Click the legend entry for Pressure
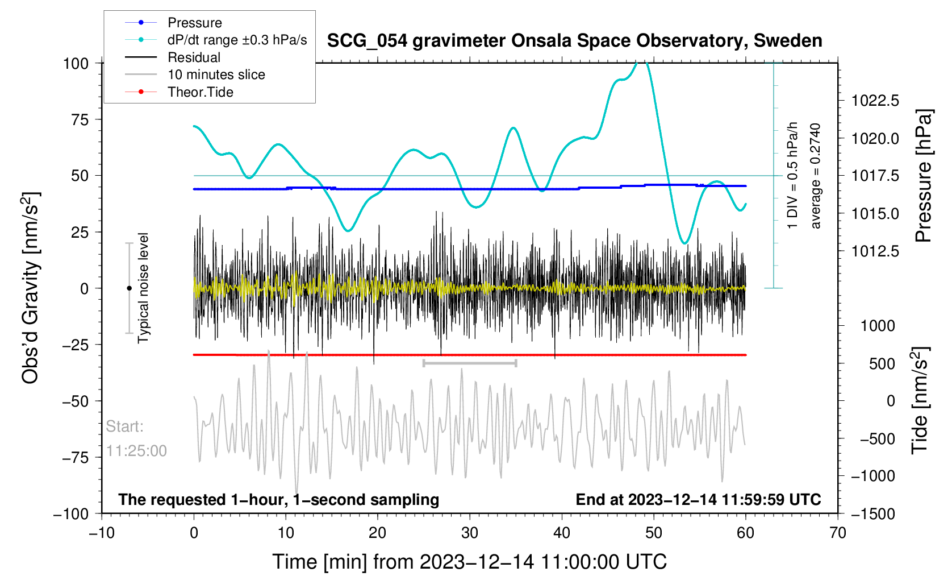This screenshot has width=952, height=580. pos(194,23)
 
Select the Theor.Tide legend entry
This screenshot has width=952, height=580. pos(200,92)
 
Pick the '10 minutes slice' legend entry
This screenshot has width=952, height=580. pos(216,74)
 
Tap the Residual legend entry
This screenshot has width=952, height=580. pos(194,57)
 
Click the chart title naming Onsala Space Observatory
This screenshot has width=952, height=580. pos(574,41)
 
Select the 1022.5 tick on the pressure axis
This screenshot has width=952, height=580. pos(875,101)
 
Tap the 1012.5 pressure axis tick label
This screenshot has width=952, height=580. pos(875,251)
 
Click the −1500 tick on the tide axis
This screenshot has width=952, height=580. pos(872,514)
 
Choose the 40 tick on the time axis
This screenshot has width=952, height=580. pos(561,533)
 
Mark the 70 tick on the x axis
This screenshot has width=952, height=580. pos(837,533)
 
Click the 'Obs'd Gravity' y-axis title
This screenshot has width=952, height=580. pos(31,288)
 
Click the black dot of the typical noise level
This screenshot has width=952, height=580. pos(129,288)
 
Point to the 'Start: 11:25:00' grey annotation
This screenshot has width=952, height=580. pos(136,438)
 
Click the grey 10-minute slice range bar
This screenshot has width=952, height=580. pos(470,363)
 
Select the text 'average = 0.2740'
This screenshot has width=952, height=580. pos(816,176)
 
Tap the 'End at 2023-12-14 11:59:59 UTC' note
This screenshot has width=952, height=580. pos(698,500)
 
